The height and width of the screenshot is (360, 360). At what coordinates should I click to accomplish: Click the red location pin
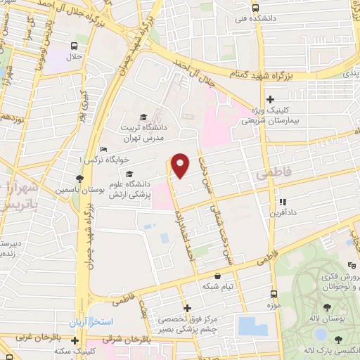coord(181,165)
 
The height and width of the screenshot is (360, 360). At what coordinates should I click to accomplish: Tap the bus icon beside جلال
coord(75,46)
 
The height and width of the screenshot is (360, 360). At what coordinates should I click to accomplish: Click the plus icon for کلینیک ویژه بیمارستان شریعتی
coord(271,99)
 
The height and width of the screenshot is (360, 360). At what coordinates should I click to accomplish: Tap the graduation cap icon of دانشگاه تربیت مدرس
coord(143,117)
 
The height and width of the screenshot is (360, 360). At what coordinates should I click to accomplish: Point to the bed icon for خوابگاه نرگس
coord(104,149)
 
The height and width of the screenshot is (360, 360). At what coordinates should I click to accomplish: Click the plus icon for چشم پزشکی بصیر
coord(187,308)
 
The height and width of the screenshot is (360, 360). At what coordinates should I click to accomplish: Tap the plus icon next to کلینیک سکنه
coord(75,340)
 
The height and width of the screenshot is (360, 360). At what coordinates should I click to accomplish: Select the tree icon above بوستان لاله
coord(326,308)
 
